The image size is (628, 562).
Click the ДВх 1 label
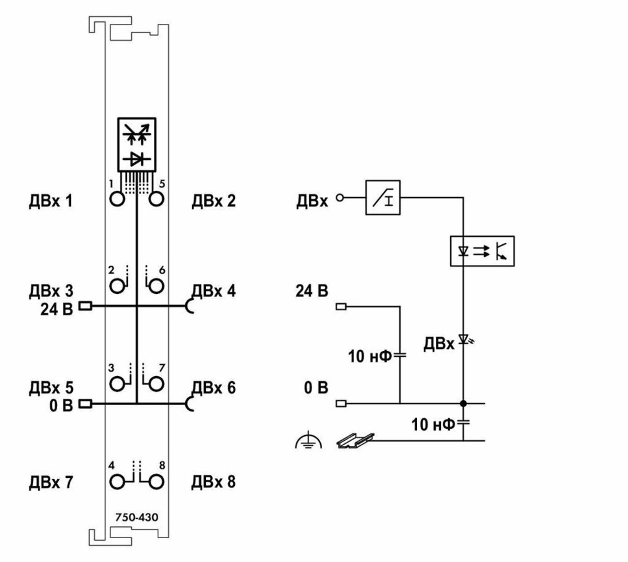[50, 202]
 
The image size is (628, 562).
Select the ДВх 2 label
[214, 202]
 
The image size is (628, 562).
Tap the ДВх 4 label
[214, 291]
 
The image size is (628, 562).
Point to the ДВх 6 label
[214, 387]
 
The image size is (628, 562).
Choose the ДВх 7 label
[50, 483]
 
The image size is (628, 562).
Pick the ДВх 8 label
[214, 483]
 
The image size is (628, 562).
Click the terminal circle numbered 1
[117, 200]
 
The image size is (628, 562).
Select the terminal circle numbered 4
[117, 482]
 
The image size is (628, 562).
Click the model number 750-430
[136, 517]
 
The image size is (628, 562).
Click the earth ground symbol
[308, 443]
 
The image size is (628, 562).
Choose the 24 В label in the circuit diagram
[311, 292]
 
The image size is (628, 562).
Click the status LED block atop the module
[136, 144]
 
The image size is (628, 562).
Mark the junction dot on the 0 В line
[463, 403]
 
